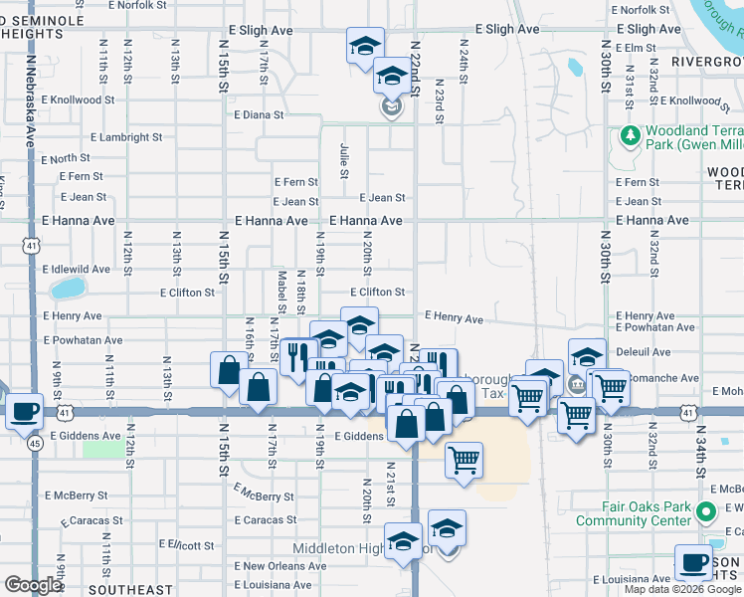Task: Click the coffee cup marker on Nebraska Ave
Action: tap(24, 410)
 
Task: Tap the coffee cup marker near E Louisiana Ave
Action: tap(692, 561)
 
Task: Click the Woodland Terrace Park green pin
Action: tap(629, 134)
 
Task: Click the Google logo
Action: tap(34, 586)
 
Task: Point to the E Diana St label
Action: tap(260, 114)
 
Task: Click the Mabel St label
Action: tap(282, 290)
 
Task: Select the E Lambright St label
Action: tap(125, 137)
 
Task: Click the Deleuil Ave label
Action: tap(644, 352)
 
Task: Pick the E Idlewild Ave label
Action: tap(76, 270)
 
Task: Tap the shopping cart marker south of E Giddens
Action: tap(464, 461)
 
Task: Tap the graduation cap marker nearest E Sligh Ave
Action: tap(365, 45)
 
